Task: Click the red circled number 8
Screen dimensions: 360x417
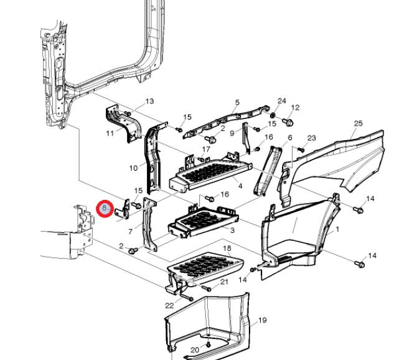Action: (105, 207)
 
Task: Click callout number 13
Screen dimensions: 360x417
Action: (149, 101)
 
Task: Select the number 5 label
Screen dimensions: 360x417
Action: (237, 102)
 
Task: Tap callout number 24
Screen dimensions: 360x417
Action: (281, 101)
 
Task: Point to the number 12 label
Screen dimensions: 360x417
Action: (295, 107)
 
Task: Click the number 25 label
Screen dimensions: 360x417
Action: (357, 123)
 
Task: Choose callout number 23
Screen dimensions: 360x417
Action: (312, 138)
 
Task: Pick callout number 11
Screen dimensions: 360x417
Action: (110, 133)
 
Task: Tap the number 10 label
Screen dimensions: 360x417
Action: (133, 168)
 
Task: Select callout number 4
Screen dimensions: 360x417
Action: (240, 186)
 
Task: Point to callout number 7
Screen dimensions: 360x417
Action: (130, 232)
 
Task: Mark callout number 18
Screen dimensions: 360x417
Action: (227, 249)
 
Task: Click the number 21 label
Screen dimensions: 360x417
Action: (225, 282)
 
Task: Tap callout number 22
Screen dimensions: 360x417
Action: (169, 305)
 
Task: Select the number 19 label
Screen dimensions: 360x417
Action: (262, 320)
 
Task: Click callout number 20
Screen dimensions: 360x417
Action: (194, 350)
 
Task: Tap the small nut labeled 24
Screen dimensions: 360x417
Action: (274, 116)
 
